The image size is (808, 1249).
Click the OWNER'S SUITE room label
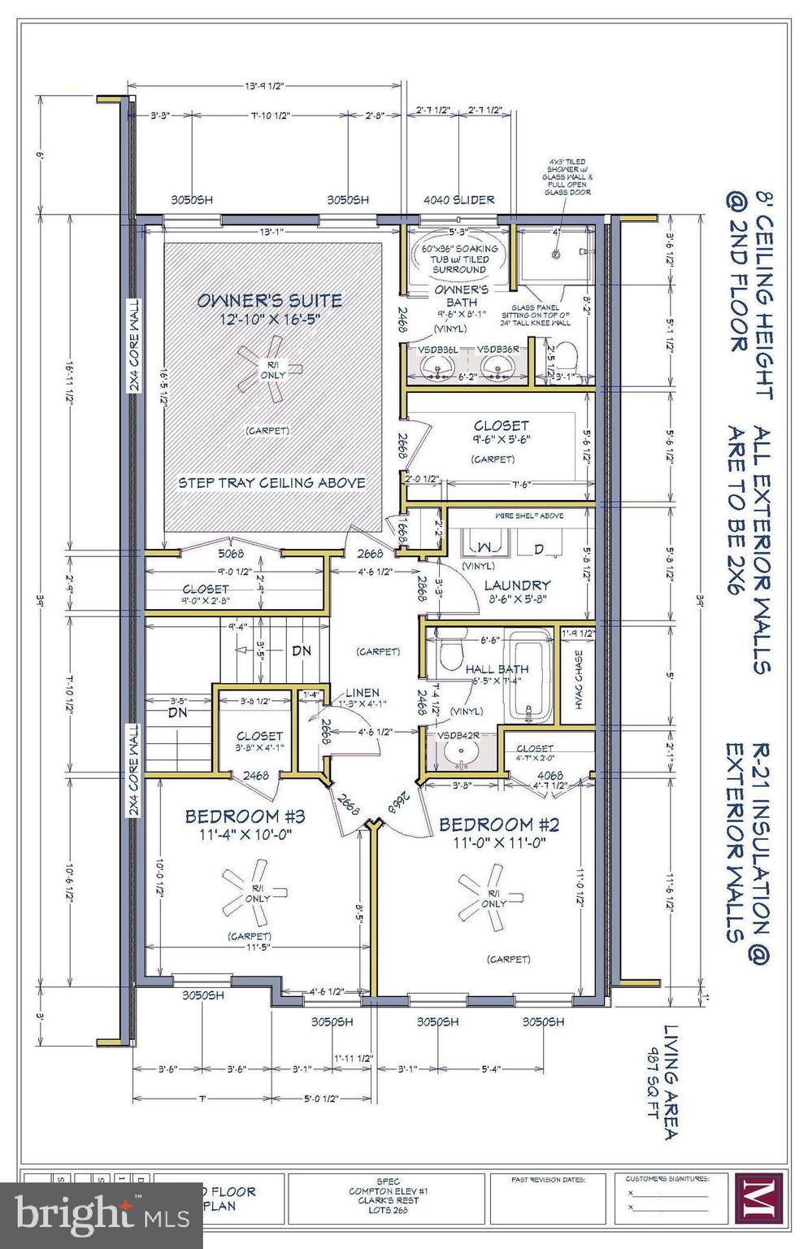click(x=269, y=300)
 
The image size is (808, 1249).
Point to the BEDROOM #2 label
click(x=498, y=825)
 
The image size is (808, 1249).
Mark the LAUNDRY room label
click(x=517, y=585)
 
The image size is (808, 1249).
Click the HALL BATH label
click(x=497, y=668)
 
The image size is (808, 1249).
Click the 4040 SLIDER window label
click(x=458, y=199)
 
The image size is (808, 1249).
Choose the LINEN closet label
click(x=362, y=693)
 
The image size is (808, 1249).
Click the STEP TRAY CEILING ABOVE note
click(x=272, y=482)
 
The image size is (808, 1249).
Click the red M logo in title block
click(x=758, y=1199)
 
